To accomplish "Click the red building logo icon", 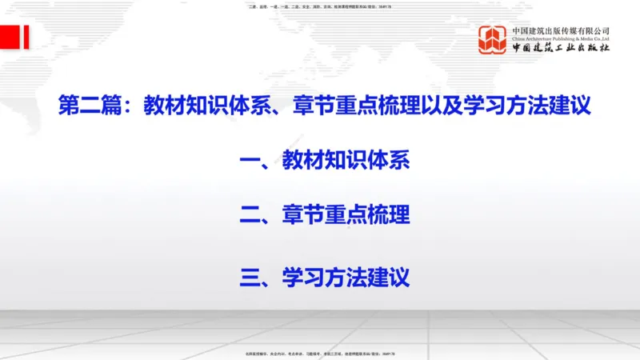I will pos(493,40).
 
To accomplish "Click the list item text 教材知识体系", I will pos(346,162).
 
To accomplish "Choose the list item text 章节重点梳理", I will pos(346,215).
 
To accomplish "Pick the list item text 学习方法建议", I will pos(346,278).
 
